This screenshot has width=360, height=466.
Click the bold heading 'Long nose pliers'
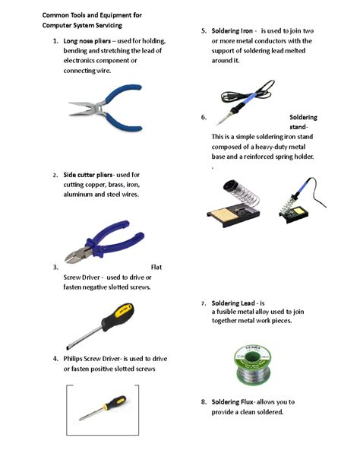(x=88, y=40)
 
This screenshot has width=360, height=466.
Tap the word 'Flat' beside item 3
(x=156, y=267)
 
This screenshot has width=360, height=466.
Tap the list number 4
(x=55, y=358)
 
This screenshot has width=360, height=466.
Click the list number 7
(x=204, y=303)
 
